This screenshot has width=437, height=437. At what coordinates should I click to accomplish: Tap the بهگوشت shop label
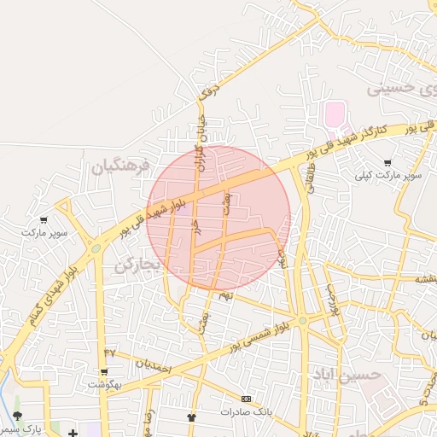coord(104,384)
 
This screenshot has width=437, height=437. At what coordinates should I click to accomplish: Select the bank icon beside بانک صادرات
coord(247,399)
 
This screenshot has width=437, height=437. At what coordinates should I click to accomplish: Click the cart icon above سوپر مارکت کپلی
coord(388,162)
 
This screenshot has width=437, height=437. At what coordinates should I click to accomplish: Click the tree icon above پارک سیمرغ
coord(17,416)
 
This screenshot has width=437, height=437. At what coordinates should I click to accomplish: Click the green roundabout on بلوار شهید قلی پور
coord(96,248)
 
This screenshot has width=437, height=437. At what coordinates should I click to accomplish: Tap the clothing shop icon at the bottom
coord(191,417)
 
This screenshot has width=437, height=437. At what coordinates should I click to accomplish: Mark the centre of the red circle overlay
coord(218,217)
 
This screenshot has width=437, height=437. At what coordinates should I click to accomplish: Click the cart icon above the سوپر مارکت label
coord(44,220)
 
